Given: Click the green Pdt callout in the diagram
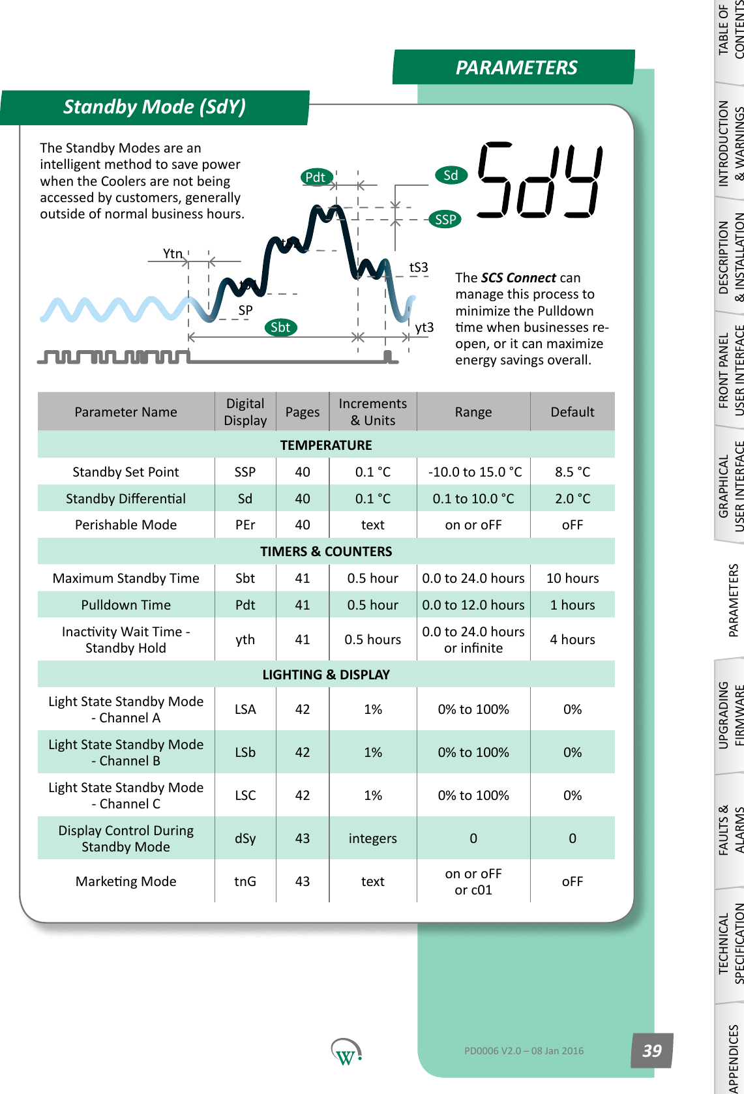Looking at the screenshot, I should (316, 177).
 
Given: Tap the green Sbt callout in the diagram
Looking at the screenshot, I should (280, 327).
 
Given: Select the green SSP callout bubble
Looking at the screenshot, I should (445, 220).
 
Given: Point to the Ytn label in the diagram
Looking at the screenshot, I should (173, 254).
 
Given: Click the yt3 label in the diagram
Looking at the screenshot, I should (424, 327).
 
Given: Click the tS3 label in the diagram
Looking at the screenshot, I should (419, 267).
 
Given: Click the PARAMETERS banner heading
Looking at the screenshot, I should (516, 68).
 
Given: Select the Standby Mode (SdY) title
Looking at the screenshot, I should (155, 107).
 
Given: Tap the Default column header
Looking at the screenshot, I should (573, 412).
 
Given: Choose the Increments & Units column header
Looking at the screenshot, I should (373, 412).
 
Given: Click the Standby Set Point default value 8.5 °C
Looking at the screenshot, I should (573, 472).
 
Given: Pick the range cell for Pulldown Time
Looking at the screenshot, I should (473, 605).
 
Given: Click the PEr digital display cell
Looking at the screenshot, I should (245, 525).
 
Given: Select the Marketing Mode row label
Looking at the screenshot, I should (126, 881).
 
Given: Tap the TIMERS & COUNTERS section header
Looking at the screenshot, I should (326, 552).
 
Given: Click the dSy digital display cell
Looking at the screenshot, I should (245, 838).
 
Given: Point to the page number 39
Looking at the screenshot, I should (652, 1050).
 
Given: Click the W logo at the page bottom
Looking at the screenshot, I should (346, 1052).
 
